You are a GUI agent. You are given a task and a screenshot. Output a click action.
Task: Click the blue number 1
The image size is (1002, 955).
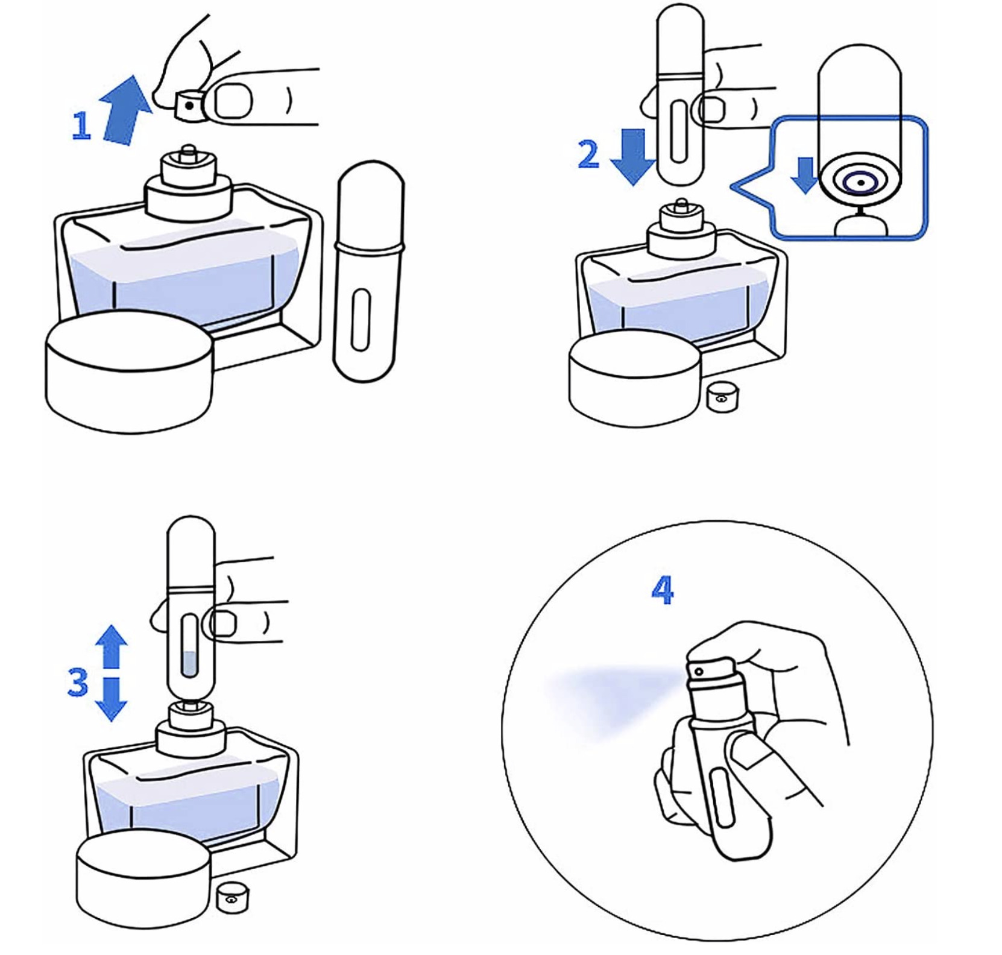[81, 126]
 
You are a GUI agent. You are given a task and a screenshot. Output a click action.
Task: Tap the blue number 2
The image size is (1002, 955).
[588, 154]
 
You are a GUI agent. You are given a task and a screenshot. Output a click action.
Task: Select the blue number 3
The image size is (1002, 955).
[78, 682]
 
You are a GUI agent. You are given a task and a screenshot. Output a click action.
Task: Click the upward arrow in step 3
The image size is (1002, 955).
[112, 646]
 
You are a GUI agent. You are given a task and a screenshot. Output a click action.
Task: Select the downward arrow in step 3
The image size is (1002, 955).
[112, 698]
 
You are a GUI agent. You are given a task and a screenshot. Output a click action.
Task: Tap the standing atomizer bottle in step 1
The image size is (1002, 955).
[367, 271]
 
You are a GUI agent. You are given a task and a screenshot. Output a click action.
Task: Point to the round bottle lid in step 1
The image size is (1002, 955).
[129, 371]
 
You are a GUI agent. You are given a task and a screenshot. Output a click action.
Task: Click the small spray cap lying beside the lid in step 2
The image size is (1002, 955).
[722, 397]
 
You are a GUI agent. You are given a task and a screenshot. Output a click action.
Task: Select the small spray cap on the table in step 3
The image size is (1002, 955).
[232, 898]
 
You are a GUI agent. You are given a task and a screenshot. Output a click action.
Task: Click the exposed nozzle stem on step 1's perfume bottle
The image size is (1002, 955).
[188, 151]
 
